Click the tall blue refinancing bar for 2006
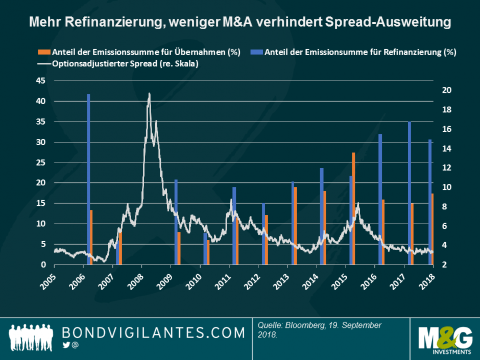tap(88, 179)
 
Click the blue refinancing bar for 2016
tap(380, 199)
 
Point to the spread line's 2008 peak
tap(149, 94)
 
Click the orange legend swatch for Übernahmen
tap(41, 52)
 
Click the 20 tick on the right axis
tap(445, 90)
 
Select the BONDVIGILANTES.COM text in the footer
tap(154, 333)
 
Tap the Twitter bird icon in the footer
tap(66, 345)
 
